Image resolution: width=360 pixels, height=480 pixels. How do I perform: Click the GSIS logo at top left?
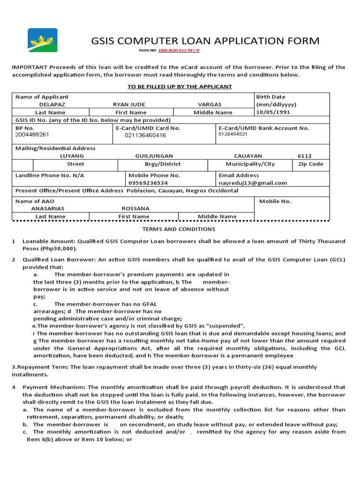click(43, 40)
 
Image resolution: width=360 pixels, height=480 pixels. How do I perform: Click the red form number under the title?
click(180, 50)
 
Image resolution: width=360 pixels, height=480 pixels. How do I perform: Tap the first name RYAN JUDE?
click(129, 105)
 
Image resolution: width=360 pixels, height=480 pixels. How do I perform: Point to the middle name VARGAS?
click(210, 105)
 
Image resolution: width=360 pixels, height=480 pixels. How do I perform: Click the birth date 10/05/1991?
click(273, 112)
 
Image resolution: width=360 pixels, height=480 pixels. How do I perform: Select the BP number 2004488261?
click(32, 135)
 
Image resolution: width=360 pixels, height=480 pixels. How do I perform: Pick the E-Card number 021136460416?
click(145, 135)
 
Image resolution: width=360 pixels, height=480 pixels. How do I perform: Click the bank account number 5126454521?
click(233, 135)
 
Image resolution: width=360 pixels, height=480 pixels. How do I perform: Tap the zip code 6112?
click(304, 156)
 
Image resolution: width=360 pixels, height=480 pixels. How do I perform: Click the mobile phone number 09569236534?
click(148, 183)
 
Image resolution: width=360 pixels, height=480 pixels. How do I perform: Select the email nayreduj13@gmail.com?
click(253, 183)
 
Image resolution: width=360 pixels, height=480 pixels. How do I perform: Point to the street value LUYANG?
click(72, 156)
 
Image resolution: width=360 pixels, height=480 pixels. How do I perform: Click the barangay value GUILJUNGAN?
click(154, 156)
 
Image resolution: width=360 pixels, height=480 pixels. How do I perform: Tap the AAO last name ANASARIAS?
click(47, 209)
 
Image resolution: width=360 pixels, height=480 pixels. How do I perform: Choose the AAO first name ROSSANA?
click(135, 209)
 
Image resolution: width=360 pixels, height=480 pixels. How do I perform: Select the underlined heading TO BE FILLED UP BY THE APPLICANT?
click(180, 87)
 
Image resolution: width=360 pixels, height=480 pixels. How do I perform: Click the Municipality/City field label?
click(250, 164)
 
